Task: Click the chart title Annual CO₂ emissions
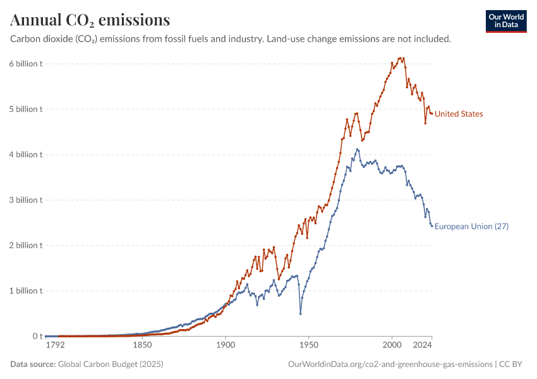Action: pos(90,20)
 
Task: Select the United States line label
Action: pos(459,114)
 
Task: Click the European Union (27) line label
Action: pos(471,227)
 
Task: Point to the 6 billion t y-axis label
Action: pos(26,64)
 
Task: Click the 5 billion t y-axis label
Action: pos(26,109)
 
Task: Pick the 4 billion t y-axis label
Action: pos(26,155)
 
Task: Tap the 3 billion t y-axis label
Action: pos(26,200)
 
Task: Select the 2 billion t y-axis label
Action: pos(26,246)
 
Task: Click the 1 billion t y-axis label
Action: pos(26,291)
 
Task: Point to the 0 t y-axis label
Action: pos(37,337)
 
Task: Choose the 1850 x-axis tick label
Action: pos(142,346)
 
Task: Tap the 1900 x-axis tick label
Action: pos(226,346)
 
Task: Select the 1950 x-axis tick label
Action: pos(309,346)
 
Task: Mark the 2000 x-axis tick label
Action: pos(392,346)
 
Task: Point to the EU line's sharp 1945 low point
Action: pos(301,313)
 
